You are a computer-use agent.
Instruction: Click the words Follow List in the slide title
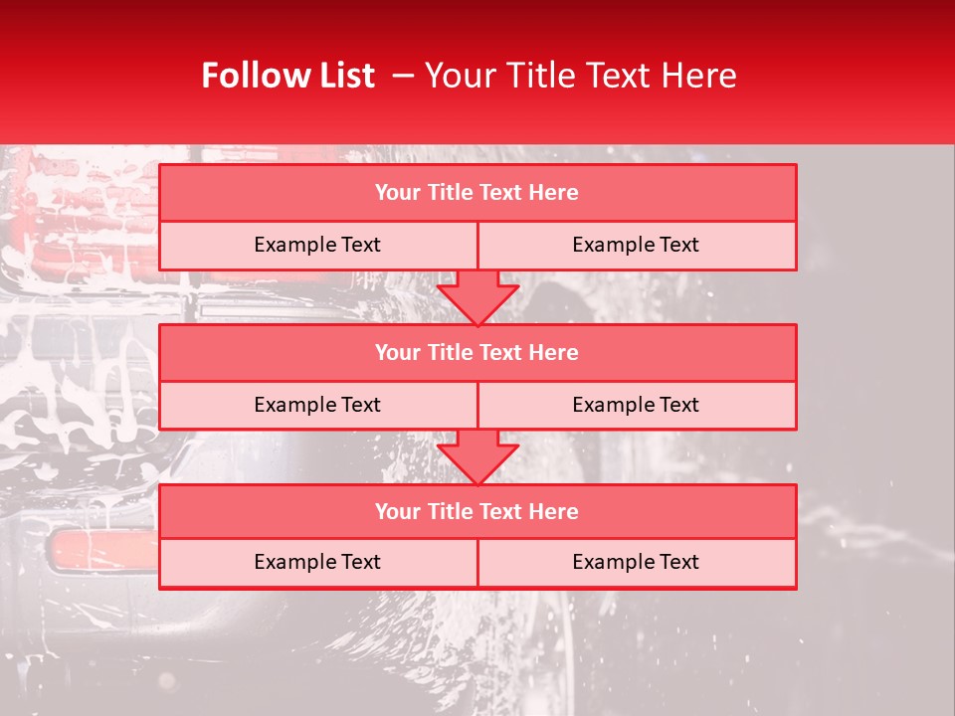point(287,76)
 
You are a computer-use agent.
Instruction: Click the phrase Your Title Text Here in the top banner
point(580,76)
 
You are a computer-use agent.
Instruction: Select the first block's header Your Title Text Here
point(477,193)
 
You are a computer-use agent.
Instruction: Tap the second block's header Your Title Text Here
point(477,352)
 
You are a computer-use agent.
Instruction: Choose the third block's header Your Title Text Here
point(477,511)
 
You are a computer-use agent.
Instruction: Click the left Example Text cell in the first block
point(317,245)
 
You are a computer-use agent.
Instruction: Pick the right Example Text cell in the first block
point(636,245)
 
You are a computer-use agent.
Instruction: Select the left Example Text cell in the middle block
point(317,405)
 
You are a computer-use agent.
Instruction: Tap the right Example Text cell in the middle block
point(636,405)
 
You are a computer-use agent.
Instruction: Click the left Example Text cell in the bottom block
point(317,562)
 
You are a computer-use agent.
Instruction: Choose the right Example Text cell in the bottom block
point(636,562)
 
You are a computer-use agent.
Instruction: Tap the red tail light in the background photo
point(99,551)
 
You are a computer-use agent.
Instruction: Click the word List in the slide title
point(341,76)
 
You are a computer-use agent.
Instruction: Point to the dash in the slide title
point(403,76)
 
